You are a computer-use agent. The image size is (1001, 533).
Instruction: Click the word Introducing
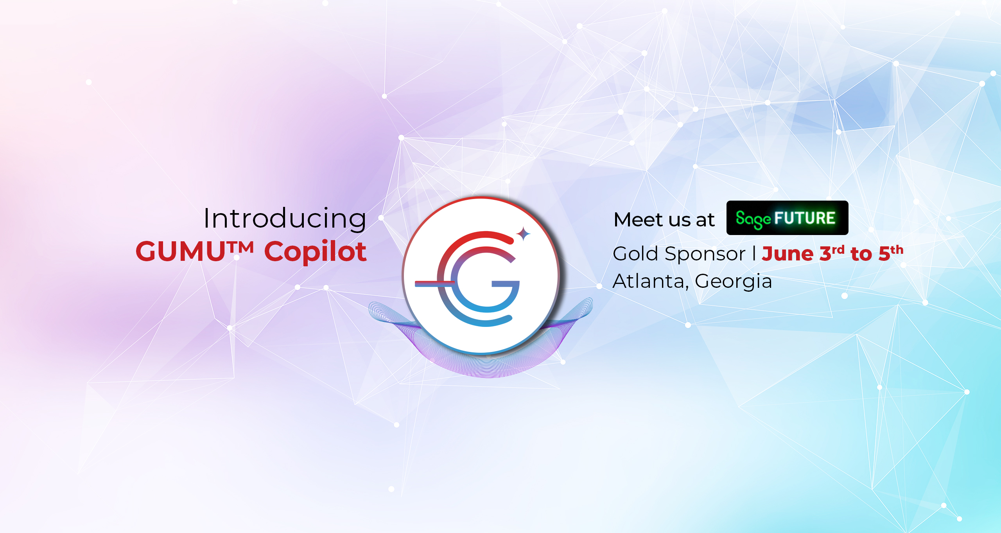[x=285, y=219]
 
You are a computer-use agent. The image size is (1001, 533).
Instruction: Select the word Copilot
[x=316, y=252]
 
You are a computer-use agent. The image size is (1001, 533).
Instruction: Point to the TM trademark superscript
[x=240, y=247]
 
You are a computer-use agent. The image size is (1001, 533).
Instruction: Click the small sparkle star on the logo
[x=524, y=234]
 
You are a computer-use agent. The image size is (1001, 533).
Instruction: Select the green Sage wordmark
[x=753, y=219]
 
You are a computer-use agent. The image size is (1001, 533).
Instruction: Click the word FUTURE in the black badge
[x=805, y=218]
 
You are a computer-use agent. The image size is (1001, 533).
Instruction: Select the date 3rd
[x=832, y=253]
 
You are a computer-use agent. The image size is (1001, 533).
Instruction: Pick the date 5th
[x=891, y=253]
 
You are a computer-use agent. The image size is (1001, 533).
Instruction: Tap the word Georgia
[x=734, y=282]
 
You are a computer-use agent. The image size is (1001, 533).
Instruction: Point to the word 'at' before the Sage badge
[x=705, y=220]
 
